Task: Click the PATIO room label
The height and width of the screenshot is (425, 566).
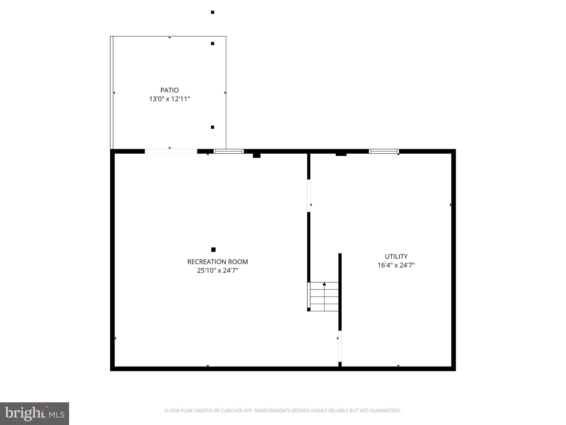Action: (169, 90)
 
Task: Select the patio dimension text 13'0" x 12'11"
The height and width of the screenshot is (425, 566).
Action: (169, 99)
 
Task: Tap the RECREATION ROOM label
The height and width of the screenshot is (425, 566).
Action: (218, 262)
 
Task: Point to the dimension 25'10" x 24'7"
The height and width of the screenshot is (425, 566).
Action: (218, 270)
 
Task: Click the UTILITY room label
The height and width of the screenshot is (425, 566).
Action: (396, 256)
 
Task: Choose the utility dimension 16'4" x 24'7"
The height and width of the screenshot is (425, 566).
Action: (396, 265)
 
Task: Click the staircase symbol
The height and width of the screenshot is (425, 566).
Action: (324, 297)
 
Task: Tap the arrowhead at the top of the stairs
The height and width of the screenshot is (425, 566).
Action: (324, 284)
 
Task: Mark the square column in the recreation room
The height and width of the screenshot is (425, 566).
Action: (213, 250)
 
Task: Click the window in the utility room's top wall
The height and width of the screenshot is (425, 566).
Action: (384, 151)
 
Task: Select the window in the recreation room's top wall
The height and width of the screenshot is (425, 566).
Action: (229, 151)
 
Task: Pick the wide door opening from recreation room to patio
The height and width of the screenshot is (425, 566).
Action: (171, 151)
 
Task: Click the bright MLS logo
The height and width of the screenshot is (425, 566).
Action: (35, 413)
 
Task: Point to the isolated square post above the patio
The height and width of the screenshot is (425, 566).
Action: (213, 12)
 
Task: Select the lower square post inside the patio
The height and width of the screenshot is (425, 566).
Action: (213, 127)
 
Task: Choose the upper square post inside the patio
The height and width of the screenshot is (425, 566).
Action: (213, 43)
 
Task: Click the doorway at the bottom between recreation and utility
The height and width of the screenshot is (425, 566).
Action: (340, 346)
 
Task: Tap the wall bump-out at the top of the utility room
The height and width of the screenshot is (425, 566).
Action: (341, 154)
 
